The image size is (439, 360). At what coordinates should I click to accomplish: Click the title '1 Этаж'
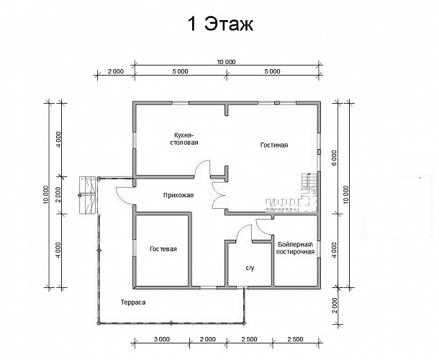point(220,24)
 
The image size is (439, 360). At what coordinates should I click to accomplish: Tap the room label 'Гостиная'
point(274,145)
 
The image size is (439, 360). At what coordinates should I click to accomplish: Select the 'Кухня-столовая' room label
point(184,139)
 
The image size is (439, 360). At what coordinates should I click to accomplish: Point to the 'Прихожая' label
point(178,195)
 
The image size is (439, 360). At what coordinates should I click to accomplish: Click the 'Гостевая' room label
point(163,249)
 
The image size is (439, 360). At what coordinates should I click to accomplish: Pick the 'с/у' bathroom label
point(250,268)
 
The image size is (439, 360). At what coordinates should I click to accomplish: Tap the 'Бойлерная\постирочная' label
point(295,248)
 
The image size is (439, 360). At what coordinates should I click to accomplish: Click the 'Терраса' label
point(133,302)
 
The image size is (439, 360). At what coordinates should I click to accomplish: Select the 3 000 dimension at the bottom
point(162,340)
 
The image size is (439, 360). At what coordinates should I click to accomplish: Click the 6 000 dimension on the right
point(335,158)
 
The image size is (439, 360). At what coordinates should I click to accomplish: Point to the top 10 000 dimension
point(226,62)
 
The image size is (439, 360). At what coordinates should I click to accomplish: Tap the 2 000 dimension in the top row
point(116,71)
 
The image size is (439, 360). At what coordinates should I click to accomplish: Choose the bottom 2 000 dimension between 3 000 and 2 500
point(208,340)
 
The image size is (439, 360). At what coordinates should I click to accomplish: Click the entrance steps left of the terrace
point(88,195)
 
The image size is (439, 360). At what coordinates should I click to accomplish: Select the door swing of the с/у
point(243,233)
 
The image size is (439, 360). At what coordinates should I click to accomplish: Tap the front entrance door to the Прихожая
point(124,195)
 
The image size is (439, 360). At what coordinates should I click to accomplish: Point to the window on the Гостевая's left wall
point(135,248)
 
